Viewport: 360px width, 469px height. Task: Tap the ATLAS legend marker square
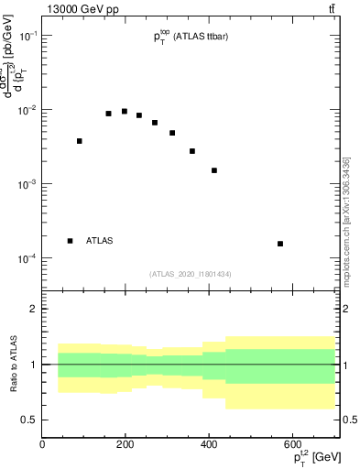(x=71, y=241)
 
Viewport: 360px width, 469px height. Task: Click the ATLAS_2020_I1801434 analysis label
(x=191, y=274)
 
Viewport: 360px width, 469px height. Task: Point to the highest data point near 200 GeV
(x=125, y=112)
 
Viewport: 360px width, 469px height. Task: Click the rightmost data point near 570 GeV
(x=280, y=244)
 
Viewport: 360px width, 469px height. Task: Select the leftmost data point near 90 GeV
(x=80, y=141)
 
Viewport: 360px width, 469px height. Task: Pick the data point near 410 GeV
(x=214, y=170)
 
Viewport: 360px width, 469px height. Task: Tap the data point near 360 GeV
(x=192, y=151)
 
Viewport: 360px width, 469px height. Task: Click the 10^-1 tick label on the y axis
(x=28, y=35)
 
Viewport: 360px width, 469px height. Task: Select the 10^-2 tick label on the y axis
(x=28, y=110)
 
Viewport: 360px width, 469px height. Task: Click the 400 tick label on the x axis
(x=209, y=444)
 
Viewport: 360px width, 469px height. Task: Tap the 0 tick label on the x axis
(x=43, y=444)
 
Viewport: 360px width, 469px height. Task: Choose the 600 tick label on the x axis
(x=292, y=444)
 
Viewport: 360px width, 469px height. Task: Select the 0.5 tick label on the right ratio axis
(x=349, y=420)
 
